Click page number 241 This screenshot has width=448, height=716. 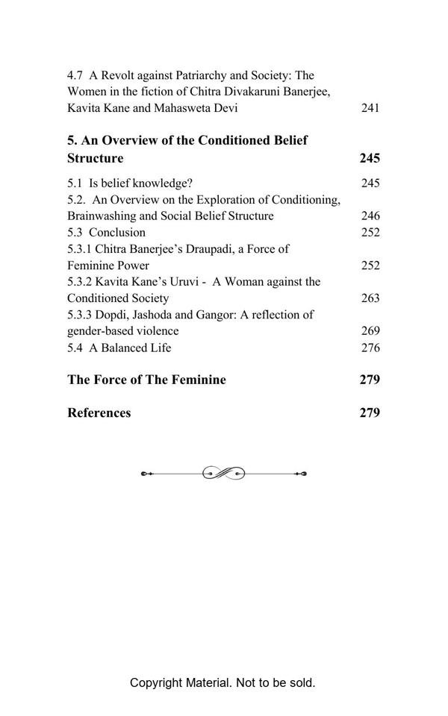[x=370, y=108]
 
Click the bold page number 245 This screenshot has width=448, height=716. [x=370, y=158]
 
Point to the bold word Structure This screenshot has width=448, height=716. [x=95, y=158]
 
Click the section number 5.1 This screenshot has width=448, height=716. [x=75, y=183]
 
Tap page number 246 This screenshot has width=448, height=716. [x=370, y=216]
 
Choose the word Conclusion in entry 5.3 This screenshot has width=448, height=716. [x=117, y=232]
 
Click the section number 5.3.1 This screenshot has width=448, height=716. [x=81, y=248]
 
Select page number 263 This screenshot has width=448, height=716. [x=370, y=298]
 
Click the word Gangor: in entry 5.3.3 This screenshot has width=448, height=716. [x=208, y=314]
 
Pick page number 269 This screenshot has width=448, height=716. [x=370, y=330]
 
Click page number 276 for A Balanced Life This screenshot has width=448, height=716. [x=370, y=348]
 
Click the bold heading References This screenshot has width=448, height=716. [x=99, y=413]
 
